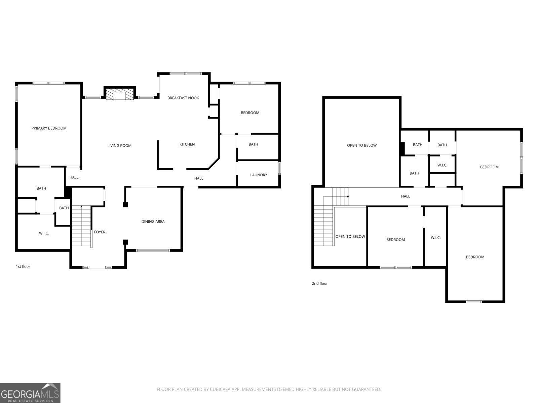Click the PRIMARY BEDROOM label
[49, 128]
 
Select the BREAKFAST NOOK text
[183, 98]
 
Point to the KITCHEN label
[187, 144]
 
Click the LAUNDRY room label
[259, 175]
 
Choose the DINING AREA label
[153, 222]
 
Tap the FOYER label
[100, 232]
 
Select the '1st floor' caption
[23, 267]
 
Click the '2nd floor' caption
[319, 283]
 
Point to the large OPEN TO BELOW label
[362, 145]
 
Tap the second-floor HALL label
[406, 196]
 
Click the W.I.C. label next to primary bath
[44, 233]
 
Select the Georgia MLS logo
[30, 393]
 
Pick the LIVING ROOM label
[119, 146]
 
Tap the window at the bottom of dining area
[153, 250]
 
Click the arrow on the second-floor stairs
[347, 196]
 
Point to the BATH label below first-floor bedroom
[253, 144]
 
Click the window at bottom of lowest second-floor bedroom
[473, 302]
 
